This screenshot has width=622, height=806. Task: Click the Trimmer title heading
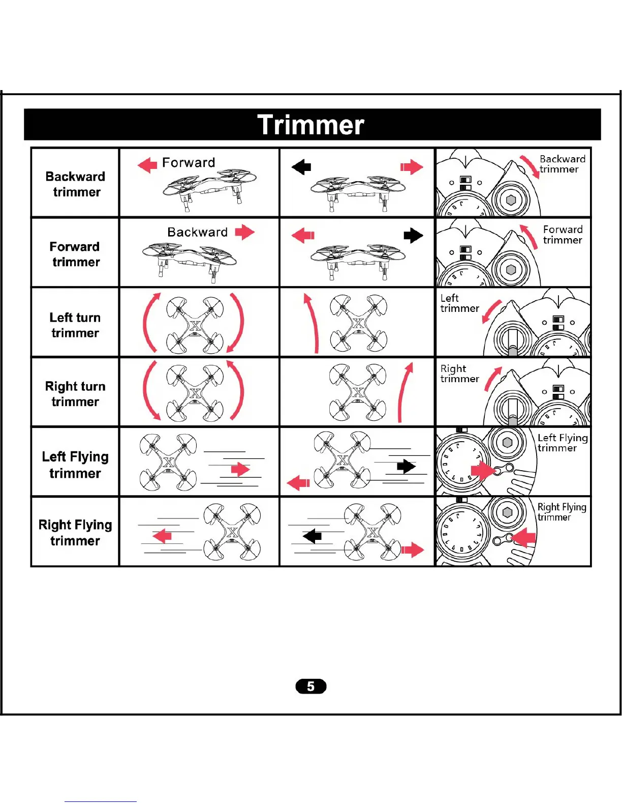311,125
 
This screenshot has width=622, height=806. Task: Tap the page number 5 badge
310,686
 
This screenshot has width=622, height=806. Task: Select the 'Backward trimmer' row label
75,184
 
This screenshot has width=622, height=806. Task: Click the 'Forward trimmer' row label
75,254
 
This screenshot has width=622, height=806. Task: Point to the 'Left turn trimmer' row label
75,325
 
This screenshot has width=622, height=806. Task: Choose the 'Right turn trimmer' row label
75,393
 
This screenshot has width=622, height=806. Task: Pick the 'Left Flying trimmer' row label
75,465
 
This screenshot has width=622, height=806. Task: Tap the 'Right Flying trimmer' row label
75,532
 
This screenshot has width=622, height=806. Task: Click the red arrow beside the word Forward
147,165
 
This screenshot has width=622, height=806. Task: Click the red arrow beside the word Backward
244,232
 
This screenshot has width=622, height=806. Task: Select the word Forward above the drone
189,163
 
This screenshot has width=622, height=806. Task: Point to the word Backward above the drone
198,232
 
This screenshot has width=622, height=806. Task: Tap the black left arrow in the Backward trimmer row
301,166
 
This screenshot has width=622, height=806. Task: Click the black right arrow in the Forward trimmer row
413,236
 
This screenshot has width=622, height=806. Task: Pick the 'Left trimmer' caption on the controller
459,303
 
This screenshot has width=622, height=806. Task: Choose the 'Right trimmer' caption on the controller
459,373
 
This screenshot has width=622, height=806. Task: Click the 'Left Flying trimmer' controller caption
562,443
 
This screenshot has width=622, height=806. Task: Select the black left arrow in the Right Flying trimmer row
312,536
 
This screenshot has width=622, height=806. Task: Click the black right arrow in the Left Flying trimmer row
406,466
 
